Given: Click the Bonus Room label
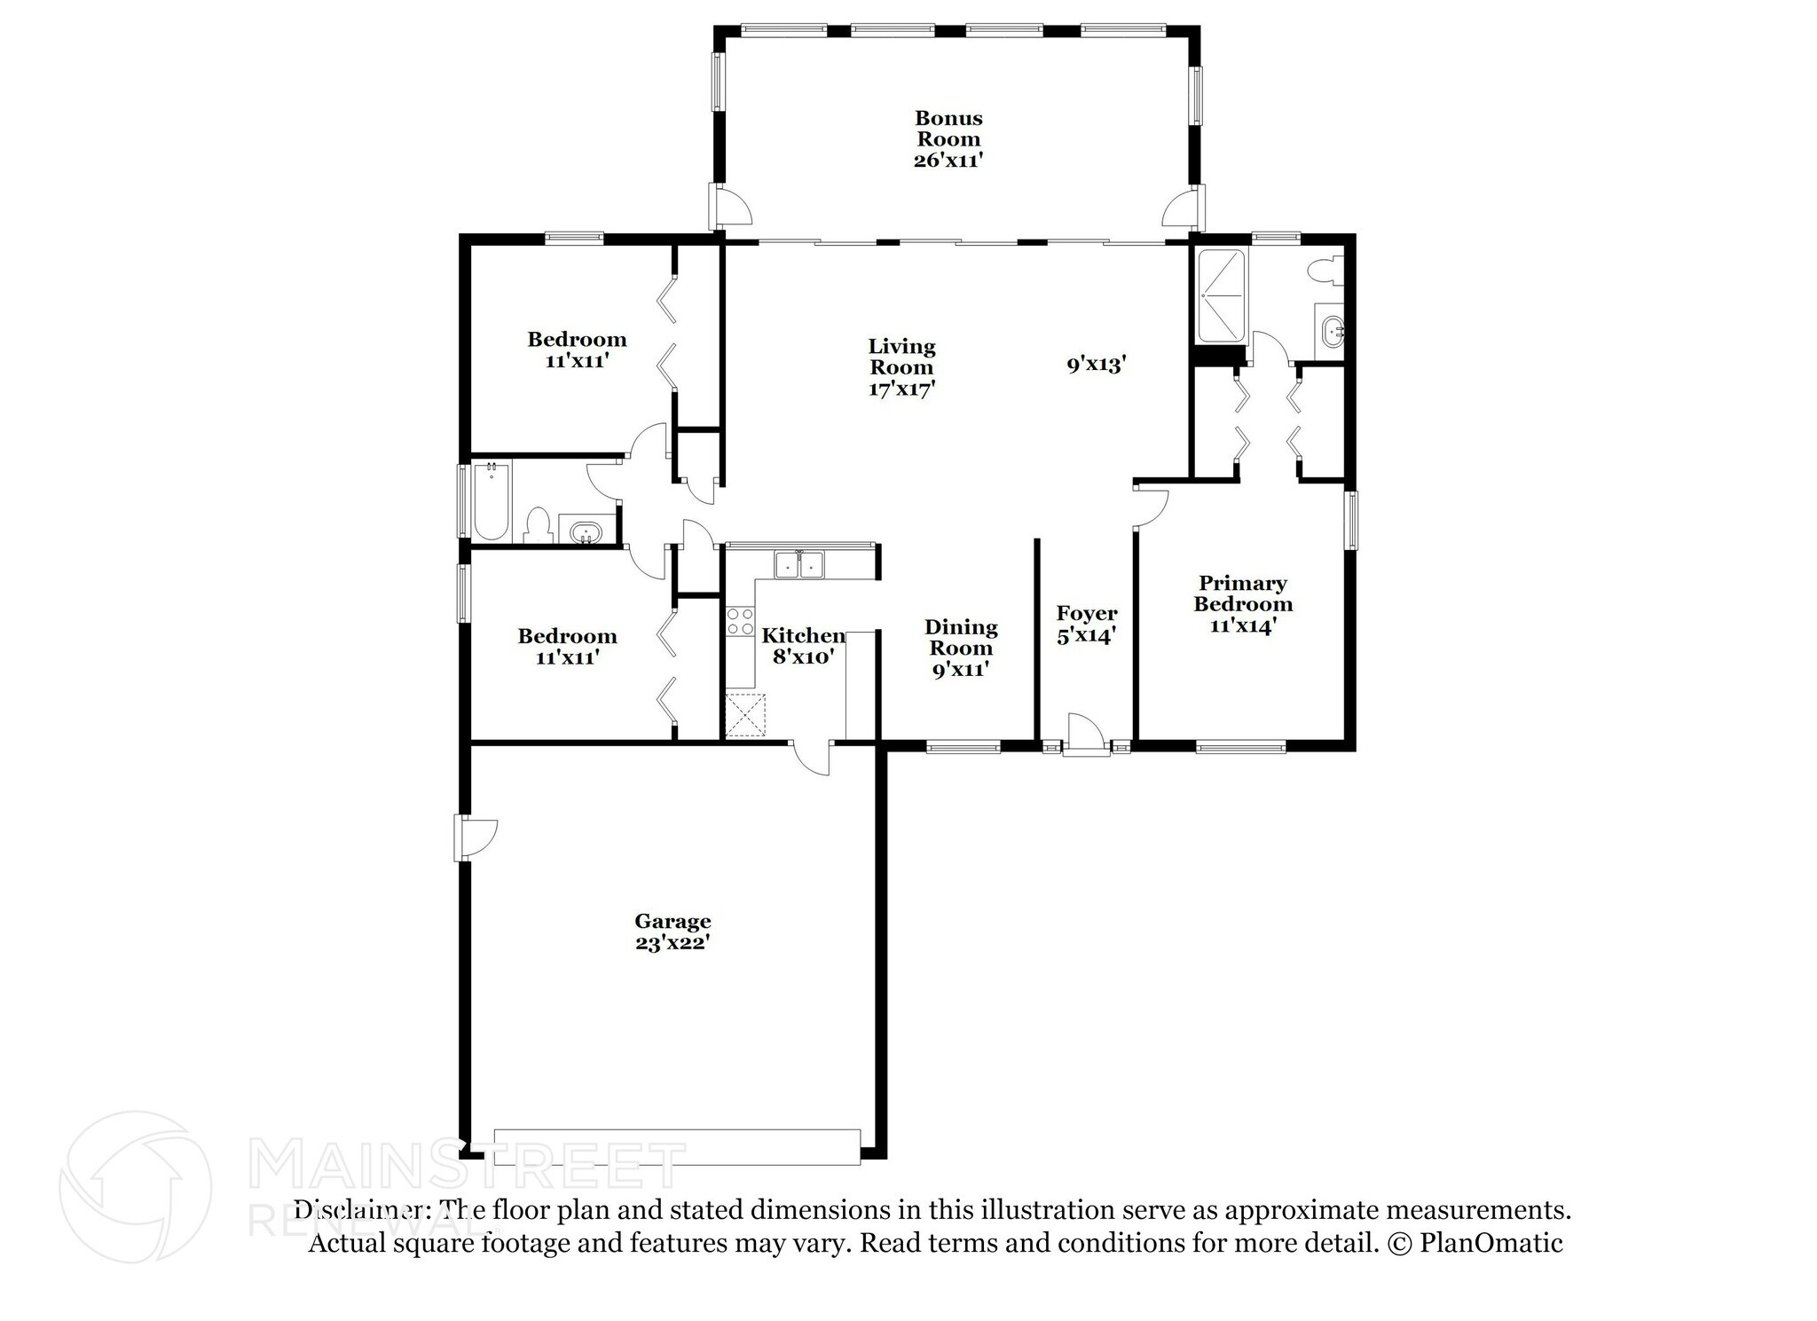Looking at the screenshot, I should click(948, 129).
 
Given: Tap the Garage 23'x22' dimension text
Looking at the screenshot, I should click(672, 943).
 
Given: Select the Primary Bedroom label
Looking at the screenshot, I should click(1242, 594).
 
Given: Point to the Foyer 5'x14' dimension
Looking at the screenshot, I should click(1086, 636).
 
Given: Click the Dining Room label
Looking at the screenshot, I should click(960, 637).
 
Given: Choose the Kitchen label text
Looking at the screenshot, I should click(803, 635).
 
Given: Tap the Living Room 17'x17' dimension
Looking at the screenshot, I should click(901, 389).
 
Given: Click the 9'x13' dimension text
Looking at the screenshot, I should click(1096, 364).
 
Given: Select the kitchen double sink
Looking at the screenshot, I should click(798, 564).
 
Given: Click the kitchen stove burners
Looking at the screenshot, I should click(740, 621).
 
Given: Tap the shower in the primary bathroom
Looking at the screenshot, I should click(1222, 296).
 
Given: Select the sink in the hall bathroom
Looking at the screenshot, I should click(586, 532).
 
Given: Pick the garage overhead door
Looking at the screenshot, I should click(676, 1146).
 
